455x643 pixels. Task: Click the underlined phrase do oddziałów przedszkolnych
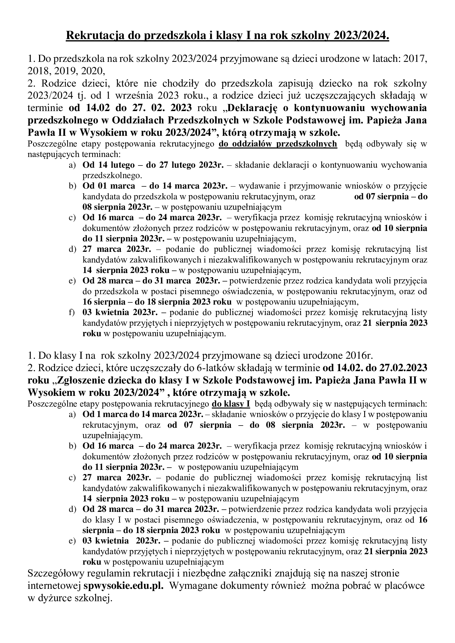[x=278, y=144]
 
